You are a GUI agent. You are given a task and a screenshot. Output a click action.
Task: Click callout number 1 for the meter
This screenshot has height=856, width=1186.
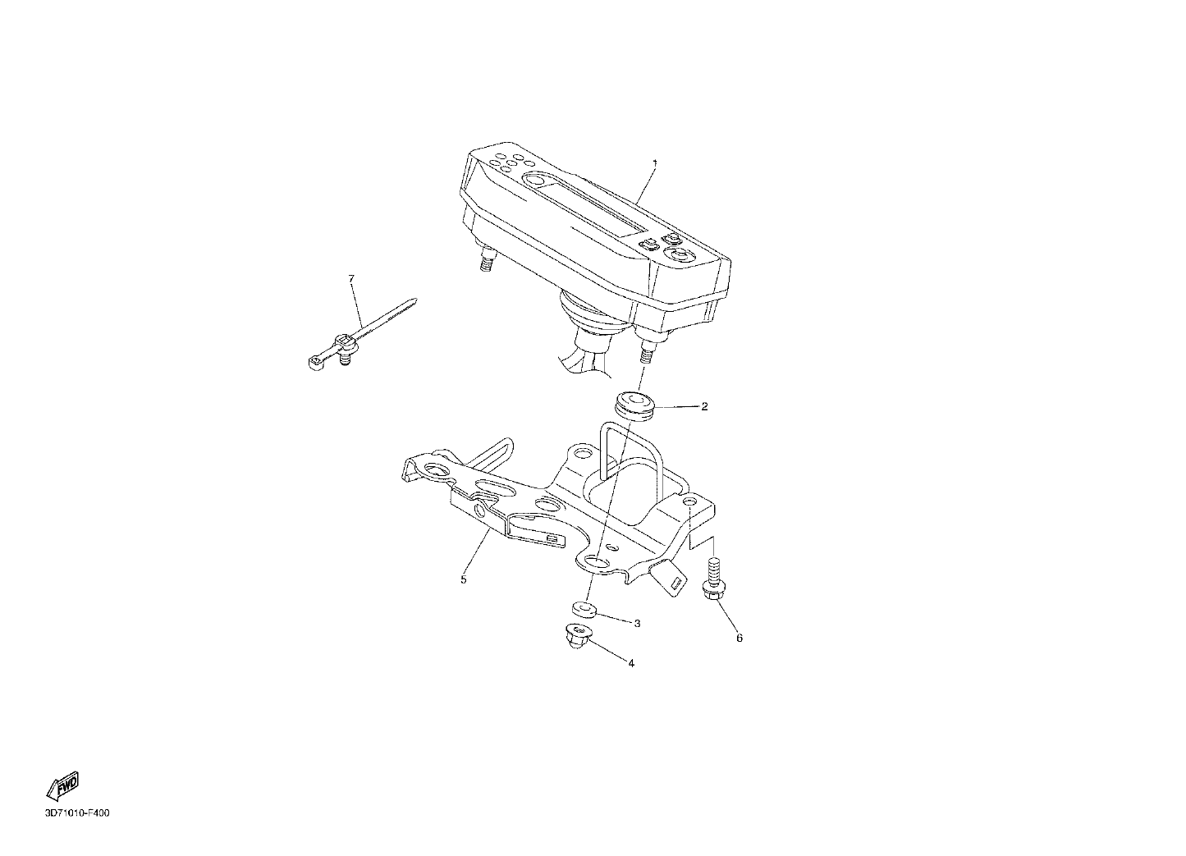tap(655, 163)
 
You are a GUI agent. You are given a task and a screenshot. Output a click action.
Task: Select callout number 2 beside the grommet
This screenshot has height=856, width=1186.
tap(704, 406)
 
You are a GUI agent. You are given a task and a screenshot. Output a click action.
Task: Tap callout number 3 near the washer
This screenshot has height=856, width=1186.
tap(638, 624)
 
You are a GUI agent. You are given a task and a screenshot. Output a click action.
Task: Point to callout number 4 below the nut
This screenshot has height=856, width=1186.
tap(631, 663)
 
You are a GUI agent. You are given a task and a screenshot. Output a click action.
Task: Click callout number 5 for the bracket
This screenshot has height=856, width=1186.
tap(463, 579)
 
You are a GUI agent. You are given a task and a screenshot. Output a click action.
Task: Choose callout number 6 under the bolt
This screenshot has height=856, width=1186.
tap(740, 638)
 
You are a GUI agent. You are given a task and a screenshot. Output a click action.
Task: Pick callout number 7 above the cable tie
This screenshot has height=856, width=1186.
tap(351, 278)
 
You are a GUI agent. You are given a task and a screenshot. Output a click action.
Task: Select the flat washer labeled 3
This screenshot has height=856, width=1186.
tap(584, 609)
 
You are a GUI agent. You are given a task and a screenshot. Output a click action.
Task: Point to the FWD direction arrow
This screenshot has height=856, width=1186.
tap(63, 785)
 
